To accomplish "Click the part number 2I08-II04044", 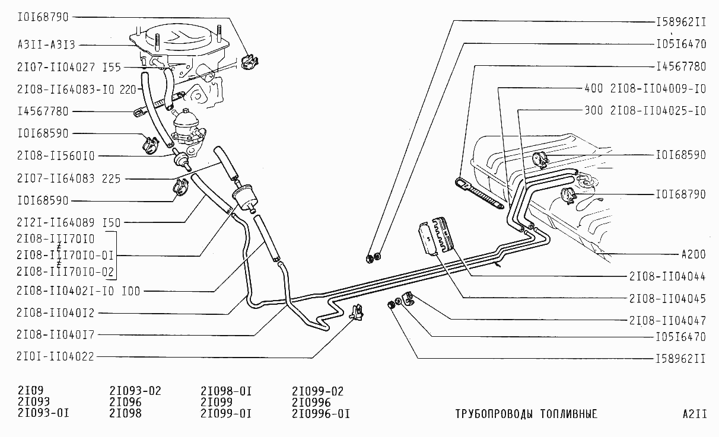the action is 667,276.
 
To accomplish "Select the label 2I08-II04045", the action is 667,298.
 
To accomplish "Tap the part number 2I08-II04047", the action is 667,320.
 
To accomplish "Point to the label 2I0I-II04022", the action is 55,356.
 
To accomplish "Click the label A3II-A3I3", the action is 46,44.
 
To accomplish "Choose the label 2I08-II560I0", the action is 56,155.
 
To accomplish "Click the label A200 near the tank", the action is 693,254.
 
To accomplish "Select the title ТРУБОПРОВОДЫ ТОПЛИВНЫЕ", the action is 526,414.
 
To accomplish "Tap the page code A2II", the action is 695,414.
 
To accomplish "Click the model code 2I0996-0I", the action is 321,413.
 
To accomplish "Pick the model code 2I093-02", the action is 135,391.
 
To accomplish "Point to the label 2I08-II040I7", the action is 56,334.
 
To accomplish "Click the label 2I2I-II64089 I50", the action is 69,222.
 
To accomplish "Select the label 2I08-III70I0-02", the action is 65,272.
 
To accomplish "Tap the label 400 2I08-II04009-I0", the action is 645,88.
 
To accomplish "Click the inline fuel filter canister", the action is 244,198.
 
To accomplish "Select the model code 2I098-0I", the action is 226,391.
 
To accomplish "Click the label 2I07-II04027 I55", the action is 69,67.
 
